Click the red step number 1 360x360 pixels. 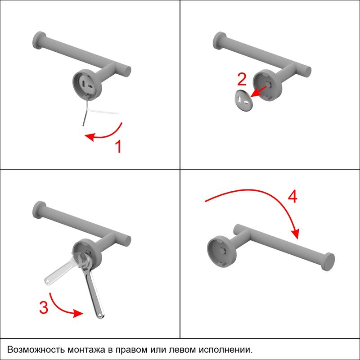pyautogui.click(x=118, y=147)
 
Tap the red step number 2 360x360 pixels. pyautogui.click(x=242, y=79)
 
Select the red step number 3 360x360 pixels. pyautogui.click(x=44, y=307)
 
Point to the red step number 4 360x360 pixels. pyautogui.click(x=292, y=197)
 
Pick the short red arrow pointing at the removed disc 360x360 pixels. pyautogui.click(x=258, y=91)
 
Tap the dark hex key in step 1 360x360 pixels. pyautogui.click(x=85, y=112)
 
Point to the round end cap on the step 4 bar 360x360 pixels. pyautogui.click(x=328, y=261)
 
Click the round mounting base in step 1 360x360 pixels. pyautogui.click(x=87, y=85)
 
